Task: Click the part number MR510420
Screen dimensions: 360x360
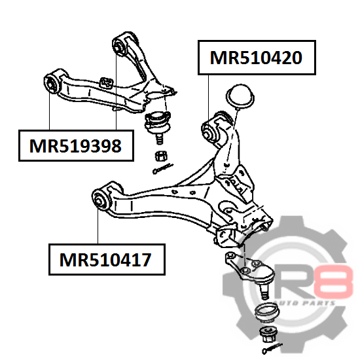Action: (x=256, y=58)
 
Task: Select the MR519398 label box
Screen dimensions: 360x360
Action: (x=76, y=145)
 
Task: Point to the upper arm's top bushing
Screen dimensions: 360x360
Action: (x=119, y=46)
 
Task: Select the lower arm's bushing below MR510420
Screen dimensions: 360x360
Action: (x=210, y=132)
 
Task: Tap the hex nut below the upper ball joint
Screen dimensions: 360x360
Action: (x=161, y=156)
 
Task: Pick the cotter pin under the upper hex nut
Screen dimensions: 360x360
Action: (x=162, y=168)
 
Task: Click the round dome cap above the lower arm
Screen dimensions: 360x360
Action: (x=240, y=96)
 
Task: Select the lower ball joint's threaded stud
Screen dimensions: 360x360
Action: (x=264, y=291)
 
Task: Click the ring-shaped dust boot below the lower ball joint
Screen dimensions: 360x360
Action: (x=267, y=312)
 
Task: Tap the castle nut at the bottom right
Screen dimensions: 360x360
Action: (x=268, y=334)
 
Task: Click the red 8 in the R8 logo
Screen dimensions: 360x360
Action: (x=335, y=281)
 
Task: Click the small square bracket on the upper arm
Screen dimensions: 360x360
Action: (x=106, y=83)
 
